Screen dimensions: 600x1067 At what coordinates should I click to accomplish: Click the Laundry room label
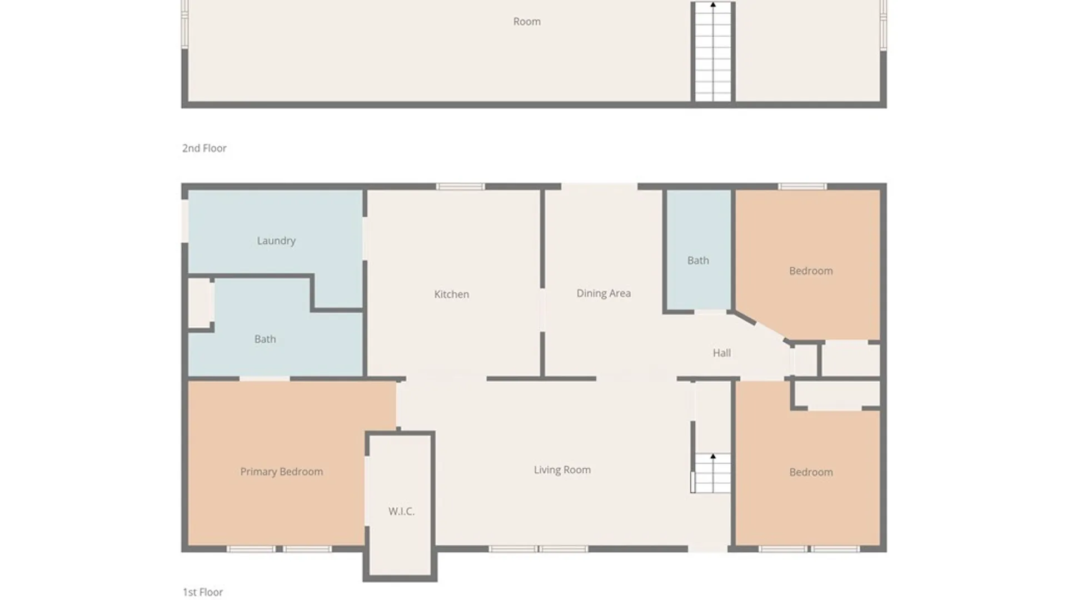276,241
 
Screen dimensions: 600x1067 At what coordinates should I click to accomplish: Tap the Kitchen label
451,294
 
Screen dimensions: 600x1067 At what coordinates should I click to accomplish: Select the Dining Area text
604,293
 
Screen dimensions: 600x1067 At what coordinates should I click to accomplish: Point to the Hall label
721,353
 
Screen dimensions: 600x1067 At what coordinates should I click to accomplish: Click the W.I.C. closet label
401,511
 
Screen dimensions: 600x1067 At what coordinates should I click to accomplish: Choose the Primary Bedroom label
281,472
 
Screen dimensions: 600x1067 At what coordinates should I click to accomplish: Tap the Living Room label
562,469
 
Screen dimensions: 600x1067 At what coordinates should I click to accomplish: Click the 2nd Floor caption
204,148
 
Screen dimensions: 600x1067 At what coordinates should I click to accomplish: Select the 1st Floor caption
203,592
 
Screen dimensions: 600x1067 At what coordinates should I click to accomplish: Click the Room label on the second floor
526,22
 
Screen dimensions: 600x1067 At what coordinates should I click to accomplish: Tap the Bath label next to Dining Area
698,260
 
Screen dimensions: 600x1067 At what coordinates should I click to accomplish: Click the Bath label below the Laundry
265,339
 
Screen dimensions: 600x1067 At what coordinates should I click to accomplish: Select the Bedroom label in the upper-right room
811,271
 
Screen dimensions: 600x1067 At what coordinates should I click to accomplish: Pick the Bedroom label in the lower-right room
811,472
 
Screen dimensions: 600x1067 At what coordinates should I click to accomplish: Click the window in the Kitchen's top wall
460,187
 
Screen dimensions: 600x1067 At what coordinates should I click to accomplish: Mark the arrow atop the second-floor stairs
713,5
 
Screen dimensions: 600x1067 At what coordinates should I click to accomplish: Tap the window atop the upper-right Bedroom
802,187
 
